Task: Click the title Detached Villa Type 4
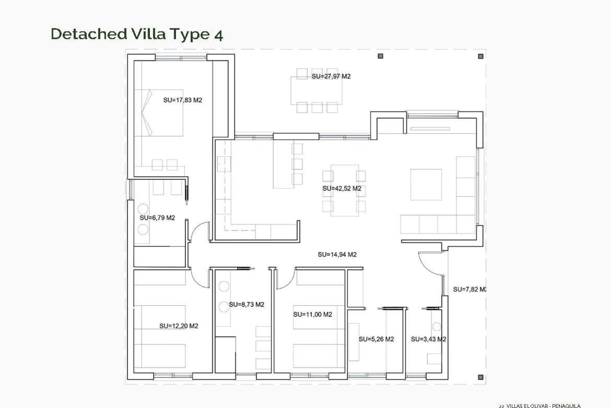[137, 34]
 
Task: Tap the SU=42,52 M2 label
[342, 188]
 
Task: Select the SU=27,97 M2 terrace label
[331, 76]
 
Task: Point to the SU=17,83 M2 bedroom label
[183, 100]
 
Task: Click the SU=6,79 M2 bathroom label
[157, 218]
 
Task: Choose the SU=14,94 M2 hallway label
[337, 254]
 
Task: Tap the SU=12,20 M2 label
[179, 326]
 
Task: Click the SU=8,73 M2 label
[246, 304]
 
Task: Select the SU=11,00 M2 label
[313, 314]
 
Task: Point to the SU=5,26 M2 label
[376, 339]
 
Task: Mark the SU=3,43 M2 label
[428, 339]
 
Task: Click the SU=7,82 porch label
[469, 289]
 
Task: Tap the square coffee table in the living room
[426, 185]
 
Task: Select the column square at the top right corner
[481, 56]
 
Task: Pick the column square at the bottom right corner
[481, 377]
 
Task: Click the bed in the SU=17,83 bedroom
[158, 113]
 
